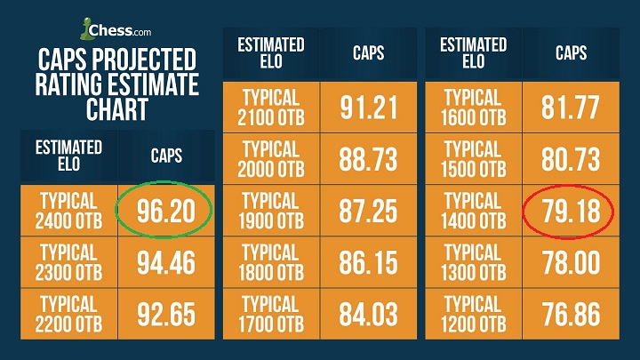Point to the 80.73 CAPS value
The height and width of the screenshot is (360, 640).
pyautogui.click(x=571, y=160)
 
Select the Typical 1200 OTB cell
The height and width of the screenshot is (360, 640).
pyautogui.click(x=474, y=316)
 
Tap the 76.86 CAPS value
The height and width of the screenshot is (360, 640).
pyautogui.click(x=571, y=316)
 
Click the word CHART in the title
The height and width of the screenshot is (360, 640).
pyautogui.click(x=117, y=110)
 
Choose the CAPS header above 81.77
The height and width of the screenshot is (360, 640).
pyautogui.click(x=571, y=52)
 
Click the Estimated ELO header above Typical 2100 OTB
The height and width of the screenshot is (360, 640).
pyautogui.click(x=270, y=52)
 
